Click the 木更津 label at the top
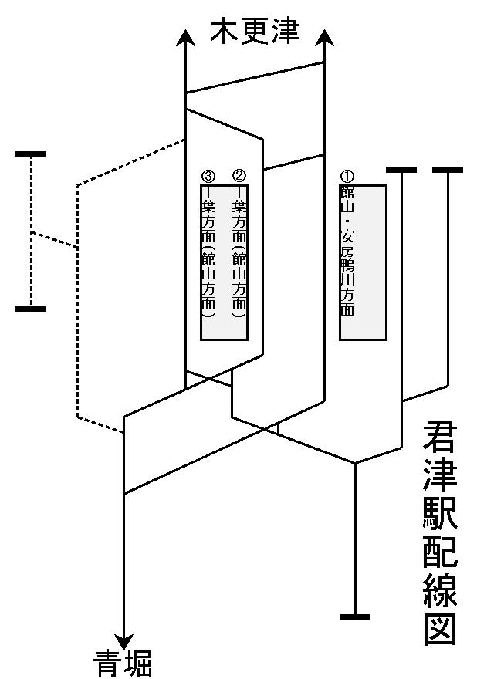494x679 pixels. (x=255, y=32)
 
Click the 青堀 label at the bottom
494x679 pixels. (x=123, y=662)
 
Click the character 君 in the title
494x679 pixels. (x=440, y=440)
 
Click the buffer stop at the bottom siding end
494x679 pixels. (x=355, y=617)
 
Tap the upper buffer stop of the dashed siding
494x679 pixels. (x=31, y=155)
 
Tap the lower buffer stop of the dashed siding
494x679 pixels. (x=31, y=309)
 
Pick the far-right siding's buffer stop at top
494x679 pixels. (x=448, y=170)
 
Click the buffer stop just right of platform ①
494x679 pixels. (x=401, y=170)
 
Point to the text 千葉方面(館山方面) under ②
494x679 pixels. (x=239, y=251)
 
